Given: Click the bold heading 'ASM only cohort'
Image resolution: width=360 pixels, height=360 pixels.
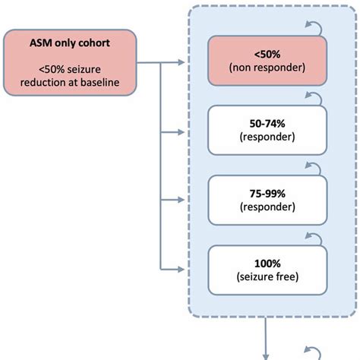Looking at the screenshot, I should pos(71,44).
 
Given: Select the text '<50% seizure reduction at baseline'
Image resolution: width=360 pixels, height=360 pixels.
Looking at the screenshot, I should pos(71,77).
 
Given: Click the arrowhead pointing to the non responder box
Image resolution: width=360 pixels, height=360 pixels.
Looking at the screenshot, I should pos(180,63).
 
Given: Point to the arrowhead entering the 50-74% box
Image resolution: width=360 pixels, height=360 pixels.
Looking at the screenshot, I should pos(180,132).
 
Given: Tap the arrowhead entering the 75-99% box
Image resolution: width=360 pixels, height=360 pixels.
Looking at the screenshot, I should pos(180,201).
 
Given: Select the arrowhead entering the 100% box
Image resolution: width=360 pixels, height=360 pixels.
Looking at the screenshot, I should pos(180,269).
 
